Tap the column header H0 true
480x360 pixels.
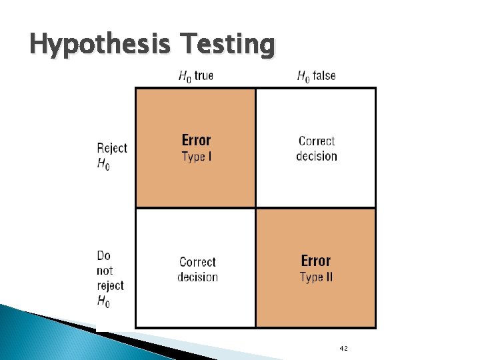[x=195, y=76]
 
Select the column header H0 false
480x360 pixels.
[x=316, y=76]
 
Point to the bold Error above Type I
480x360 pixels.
[x=196, y=140]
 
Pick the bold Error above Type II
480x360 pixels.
[x=316, y=261]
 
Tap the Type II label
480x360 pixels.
[x=316, y=277]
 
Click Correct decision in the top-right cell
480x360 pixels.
[x=317, y=149]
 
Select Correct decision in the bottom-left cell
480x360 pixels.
[x=197, y=269]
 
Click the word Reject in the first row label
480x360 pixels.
[x=112, y=148]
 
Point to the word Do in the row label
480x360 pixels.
[x=104, y=255]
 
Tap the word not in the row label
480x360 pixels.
[x=105, y=271]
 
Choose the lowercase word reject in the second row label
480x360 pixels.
[x=111, y=285]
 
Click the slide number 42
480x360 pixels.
[x=343, y=349]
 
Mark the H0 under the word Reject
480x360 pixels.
[x=104, y=164]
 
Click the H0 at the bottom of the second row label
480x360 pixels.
[x=104, y=301]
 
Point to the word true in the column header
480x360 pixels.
[x=204, y=75]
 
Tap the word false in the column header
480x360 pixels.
[x=324, y=75]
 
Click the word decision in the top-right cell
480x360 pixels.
[x=317, y=157]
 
